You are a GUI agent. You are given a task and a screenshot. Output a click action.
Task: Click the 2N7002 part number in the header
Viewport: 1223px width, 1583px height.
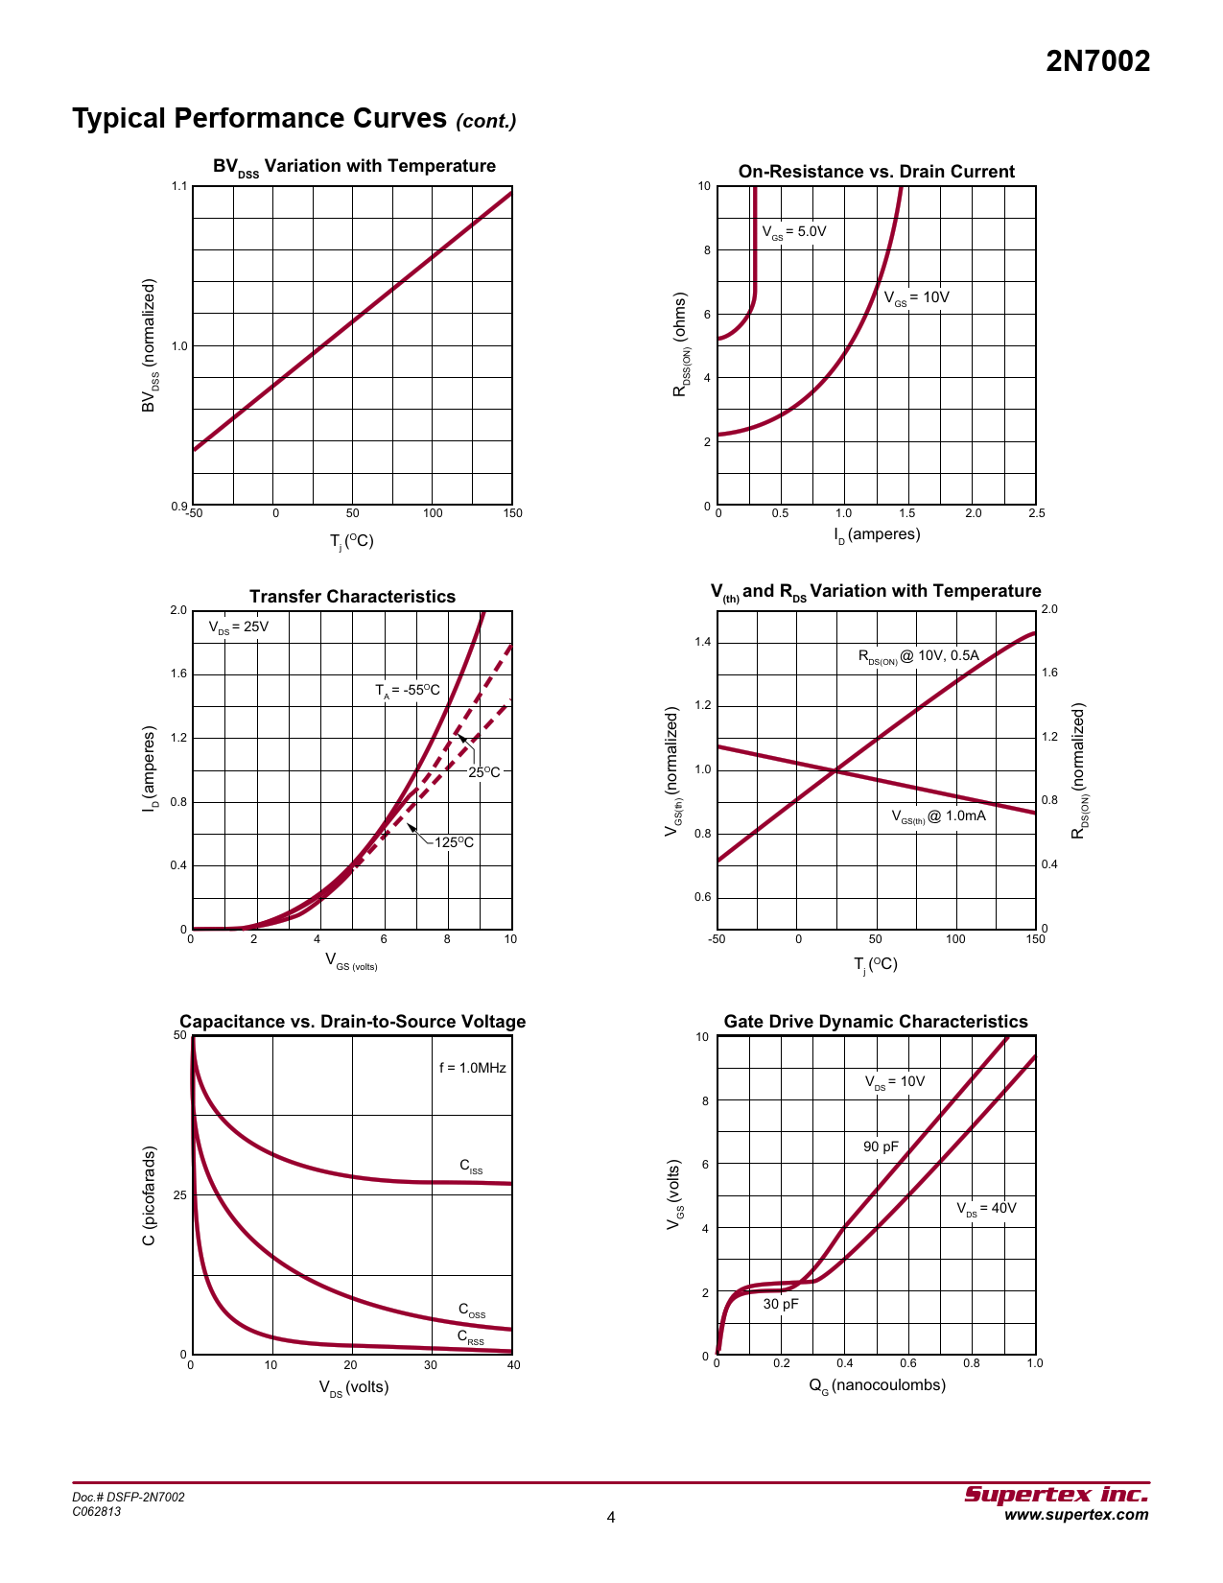coord(1097,61)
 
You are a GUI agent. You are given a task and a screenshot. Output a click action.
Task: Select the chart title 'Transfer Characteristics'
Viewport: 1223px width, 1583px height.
coord(352,597)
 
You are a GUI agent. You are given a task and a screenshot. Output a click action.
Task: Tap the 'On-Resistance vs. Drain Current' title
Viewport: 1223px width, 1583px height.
coord(876,172)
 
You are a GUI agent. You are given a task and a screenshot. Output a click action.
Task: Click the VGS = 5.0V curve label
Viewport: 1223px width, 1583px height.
coord(793,232)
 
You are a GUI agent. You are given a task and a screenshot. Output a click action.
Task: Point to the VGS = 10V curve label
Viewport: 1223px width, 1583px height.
coord(916,297)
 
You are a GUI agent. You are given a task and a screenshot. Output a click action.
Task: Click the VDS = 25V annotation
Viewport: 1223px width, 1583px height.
coord(239,627)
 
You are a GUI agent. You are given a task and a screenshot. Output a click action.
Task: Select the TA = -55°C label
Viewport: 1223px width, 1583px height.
coord(408,691)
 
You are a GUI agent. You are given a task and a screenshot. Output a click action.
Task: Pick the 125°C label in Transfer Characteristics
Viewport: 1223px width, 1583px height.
coord(454,842)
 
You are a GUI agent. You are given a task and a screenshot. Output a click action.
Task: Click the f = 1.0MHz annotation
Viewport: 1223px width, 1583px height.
coord(473,1068)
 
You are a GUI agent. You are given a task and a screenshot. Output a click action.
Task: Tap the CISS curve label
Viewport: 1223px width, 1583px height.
coord(471,1167)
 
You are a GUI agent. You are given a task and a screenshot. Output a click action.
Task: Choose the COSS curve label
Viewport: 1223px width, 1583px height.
coord(472,1311)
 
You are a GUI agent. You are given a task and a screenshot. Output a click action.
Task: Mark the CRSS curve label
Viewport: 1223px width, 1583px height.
coord(471,1337)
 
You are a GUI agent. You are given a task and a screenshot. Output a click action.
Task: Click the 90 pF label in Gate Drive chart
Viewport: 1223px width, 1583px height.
coord(881,1146)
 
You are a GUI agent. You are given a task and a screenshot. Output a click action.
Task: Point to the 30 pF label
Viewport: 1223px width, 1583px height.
coord(781,1304)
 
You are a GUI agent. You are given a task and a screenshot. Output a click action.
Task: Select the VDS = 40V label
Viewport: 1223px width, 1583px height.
coord(986,1209)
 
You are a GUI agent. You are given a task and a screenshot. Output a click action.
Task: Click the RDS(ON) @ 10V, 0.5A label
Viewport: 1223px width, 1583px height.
coord(918,656)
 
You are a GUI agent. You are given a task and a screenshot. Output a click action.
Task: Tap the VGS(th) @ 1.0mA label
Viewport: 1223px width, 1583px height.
coord(938,816)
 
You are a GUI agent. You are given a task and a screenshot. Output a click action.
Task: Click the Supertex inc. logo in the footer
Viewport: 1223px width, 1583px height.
coord(1056,1495)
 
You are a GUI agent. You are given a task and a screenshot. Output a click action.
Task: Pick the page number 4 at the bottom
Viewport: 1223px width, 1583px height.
coord(611,1517)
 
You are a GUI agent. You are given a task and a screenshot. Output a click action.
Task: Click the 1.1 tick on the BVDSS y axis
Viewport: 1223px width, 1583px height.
coord(179,186)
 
